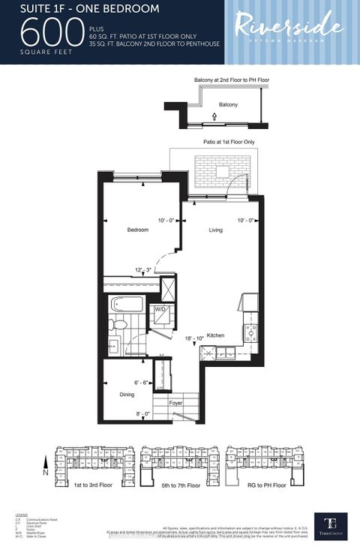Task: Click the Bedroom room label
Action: point(137,230)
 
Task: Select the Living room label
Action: point(216,230)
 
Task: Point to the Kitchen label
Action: point(216,335)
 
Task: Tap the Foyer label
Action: point(176,403)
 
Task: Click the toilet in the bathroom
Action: point(118,325)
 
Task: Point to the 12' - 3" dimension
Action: point(144,270)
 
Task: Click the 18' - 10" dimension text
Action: point(195,339)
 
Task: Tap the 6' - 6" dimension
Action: point(142,382)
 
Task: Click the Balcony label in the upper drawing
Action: point(228,105)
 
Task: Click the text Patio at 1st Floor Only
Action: point(228,142)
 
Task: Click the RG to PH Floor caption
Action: point(266,485)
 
